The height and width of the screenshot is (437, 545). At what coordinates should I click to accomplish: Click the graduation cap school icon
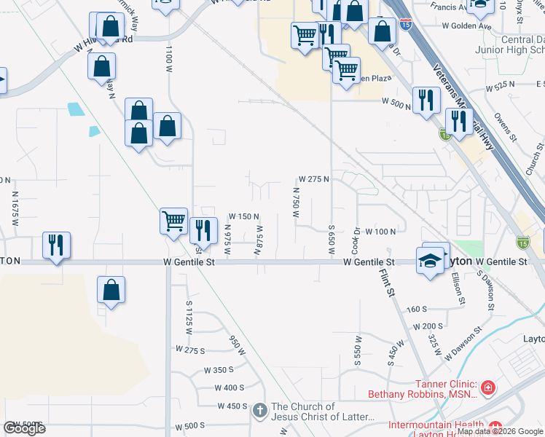click(431, 260)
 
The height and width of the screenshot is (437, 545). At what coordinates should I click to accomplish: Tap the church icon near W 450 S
click(260, 412)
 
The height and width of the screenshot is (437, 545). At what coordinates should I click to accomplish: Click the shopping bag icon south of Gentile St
click(111, 290)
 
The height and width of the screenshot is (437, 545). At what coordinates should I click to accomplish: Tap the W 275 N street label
click(315, 179)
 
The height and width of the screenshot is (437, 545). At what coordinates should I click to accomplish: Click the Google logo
click(24, 428)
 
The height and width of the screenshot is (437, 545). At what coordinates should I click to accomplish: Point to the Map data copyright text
click(499, 431)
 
